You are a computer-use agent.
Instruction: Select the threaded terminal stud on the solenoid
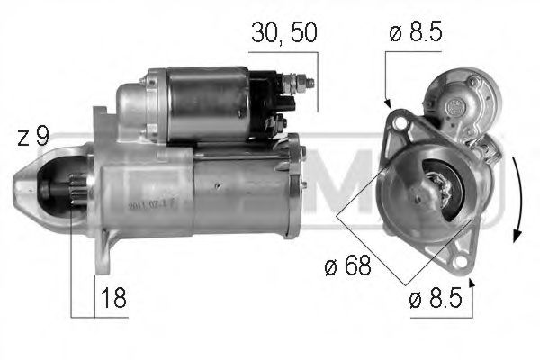[306, 83]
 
